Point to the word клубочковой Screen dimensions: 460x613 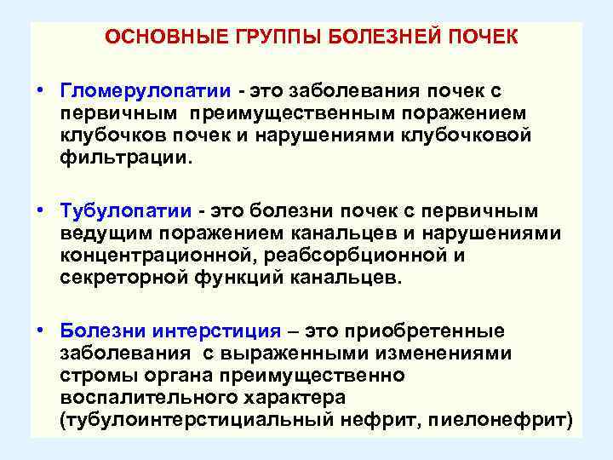(x=478, y=135)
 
